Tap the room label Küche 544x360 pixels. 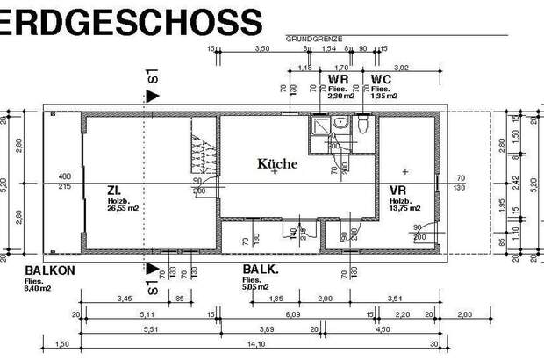[277, 163]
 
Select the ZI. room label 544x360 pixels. [114, 190]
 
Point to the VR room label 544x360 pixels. [397, 190]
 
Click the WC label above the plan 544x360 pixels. [381, 79]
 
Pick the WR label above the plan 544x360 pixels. [339, 79]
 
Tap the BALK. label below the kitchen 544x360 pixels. [260, 270]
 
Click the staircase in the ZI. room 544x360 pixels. [203, 151]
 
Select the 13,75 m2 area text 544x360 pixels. [404, 209]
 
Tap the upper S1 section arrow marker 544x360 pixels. [153, 86]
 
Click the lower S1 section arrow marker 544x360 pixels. [153, 275]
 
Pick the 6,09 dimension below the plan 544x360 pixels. [292, 314]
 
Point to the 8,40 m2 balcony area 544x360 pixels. [39, 286]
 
